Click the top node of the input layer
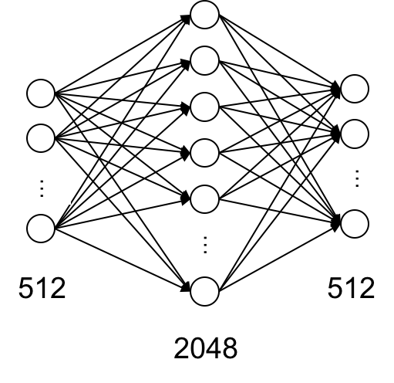click(41, 93)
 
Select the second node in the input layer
click(41, 138)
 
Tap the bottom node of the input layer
click(41, 229)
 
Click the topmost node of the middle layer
click(204, 15)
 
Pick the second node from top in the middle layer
click(204, 61)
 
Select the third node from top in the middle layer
click(204, 107)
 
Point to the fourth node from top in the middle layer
click(204, 153)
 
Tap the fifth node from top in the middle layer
click(204, 199)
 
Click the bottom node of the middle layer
click(204, 291)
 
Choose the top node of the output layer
click(355, 89)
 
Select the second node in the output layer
click(355, 134)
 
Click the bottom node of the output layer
click(355, 224)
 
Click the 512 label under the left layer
click(42, 288)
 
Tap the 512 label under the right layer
click(351, 288)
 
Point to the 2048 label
click(206, 348)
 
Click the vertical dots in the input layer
click(42, 188)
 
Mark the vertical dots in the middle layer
click(205, 245)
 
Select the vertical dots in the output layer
click(357, 178)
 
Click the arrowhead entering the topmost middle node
click(186, 19)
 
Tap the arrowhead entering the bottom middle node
click(186, 287)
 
